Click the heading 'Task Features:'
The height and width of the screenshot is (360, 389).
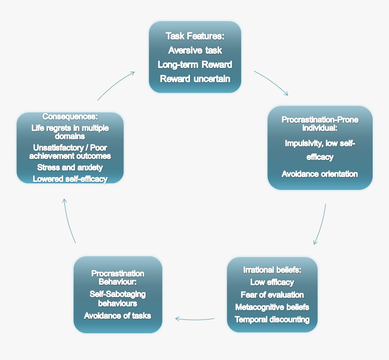(195, 36)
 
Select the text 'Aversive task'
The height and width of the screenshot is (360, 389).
(195, 50)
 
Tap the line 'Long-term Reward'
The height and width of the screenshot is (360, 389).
(195, 64)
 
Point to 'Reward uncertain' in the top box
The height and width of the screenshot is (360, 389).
(195, 79)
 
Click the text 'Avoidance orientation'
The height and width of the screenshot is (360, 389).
(320, 174)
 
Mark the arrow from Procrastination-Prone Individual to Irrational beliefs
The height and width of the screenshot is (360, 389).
(321, 225)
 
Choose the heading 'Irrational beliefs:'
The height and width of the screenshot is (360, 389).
(272, 270)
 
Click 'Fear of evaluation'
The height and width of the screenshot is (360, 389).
(272, 295)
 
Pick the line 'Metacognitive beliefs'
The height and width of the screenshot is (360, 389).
(272, 307)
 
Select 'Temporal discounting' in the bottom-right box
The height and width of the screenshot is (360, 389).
(272, 320)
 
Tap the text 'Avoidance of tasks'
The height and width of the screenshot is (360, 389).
(118, 316)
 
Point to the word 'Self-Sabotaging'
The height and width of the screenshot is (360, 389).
(118, 294)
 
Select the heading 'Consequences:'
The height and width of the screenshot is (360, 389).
(70, 117)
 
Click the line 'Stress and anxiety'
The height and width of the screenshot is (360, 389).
(70, 168)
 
